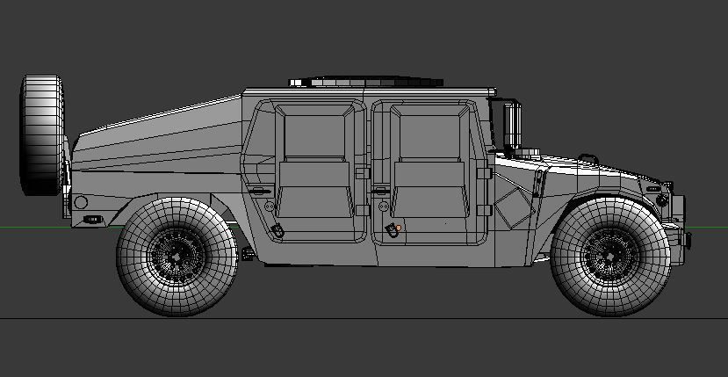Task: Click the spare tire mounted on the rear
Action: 43,134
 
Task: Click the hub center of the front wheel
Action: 609,257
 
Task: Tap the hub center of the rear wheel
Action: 176,257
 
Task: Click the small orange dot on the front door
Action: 398,228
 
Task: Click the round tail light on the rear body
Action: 81,203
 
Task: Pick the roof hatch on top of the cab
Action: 364,82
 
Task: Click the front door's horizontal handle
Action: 379,190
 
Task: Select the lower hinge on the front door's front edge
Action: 484,209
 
